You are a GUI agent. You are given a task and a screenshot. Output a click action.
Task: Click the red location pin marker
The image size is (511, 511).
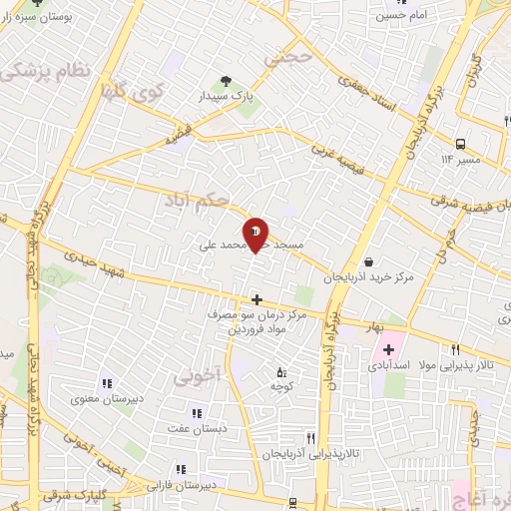255,236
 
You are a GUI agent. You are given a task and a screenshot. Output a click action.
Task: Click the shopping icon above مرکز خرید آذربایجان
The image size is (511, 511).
370,261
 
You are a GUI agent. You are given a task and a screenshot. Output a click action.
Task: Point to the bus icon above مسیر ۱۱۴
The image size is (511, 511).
460,144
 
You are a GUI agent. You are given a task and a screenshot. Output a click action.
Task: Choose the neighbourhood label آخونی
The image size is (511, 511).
199,377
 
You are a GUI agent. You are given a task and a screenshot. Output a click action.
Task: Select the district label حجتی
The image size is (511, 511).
289,59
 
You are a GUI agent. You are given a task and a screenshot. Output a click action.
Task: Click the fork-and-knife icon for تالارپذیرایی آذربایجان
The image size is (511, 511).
310,439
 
